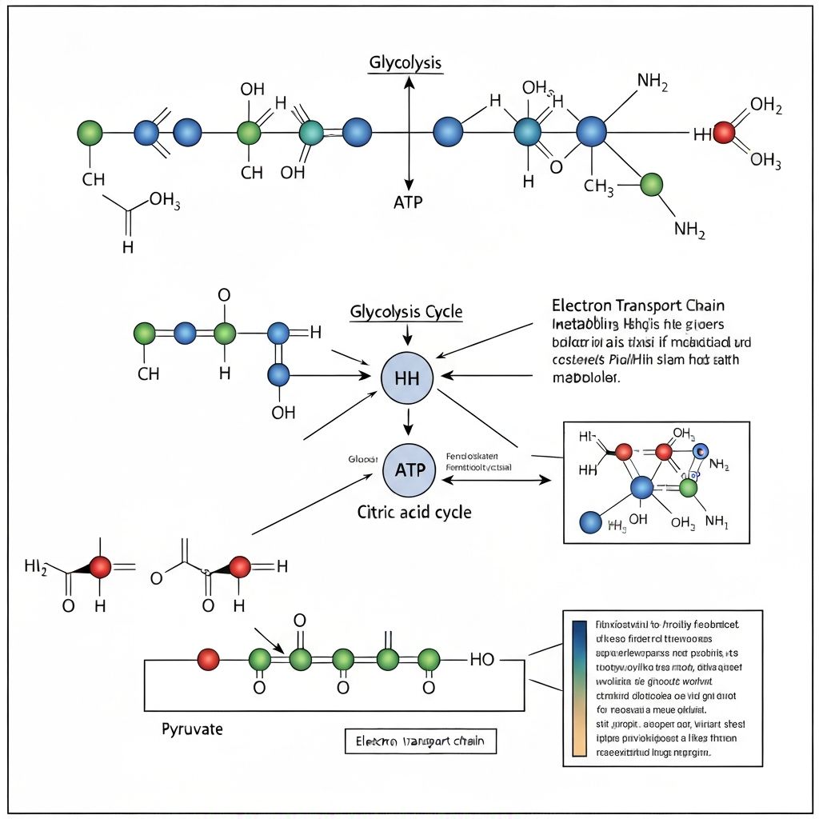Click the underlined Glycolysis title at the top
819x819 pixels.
[x=405, y=63]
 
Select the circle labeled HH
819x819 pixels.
[x=407, y=378]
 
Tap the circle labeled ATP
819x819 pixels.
[x=409, y=469]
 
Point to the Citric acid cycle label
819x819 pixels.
[x=413, y=512]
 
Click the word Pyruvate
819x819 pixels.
[x=192, y=729]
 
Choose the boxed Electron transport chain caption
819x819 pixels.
[x=420, y=741]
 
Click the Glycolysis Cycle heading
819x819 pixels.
[x=406, y=311]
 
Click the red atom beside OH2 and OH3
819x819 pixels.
[x=723, y=133]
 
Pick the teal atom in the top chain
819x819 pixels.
[x=311, y=132]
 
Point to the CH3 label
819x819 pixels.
[x=599, y=187]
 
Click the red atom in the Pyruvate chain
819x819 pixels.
[x=208, y=659]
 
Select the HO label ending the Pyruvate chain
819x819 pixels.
[x=482, y=659]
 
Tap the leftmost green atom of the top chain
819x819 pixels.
[x=90, y=133]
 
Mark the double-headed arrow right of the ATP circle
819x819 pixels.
[x=496, y=480]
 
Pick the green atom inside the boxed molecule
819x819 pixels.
[x=688, y=487]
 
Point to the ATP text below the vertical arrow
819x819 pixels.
[x=408, y=202]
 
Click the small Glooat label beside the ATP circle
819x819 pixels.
[x=362, y=459]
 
